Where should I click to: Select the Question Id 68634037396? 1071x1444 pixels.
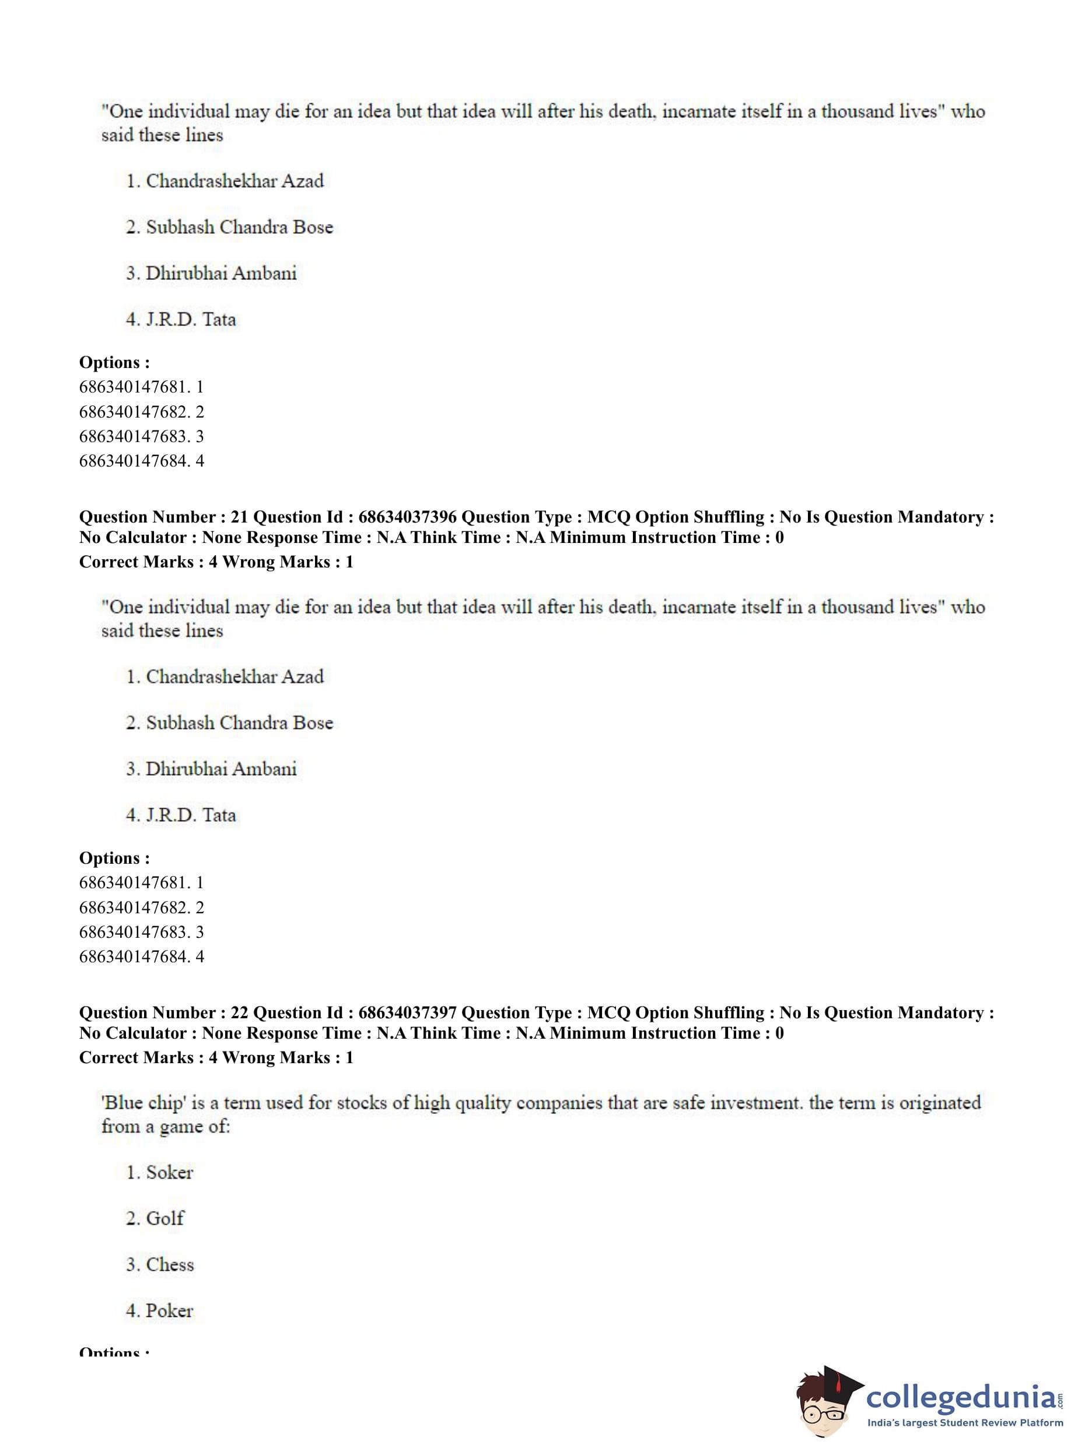click(x=407, y=517)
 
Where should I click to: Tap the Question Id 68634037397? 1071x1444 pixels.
click(x=407, y=1013)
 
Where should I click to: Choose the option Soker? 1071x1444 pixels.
click(x=169, y=1172)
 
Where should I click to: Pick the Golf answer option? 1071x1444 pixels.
click(x=164, y=1218)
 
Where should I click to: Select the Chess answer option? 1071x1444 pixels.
click(x=170, y=1264)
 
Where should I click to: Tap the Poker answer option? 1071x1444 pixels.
click(x=169, y=1310)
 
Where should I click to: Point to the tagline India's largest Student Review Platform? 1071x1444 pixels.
click(x=965, y=1422)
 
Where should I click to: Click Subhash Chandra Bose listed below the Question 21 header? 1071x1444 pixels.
click(x=239, y=723)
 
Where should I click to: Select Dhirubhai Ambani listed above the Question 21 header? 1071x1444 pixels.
click(x=221, y=274)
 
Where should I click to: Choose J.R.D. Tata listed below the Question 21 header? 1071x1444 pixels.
click(x=191, y=815)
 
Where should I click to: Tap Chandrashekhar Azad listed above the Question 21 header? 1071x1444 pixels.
click(x=235, y=181)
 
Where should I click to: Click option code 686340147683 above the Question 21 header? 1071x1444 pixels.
click(x=135, y=436)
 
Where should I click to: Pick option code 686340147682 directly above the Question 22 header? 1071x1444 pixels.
click(x=135, y=907)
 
